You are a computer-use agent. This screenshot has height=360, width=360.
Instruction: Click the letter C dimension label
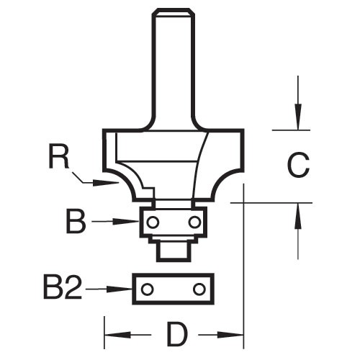pos(297,167)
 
